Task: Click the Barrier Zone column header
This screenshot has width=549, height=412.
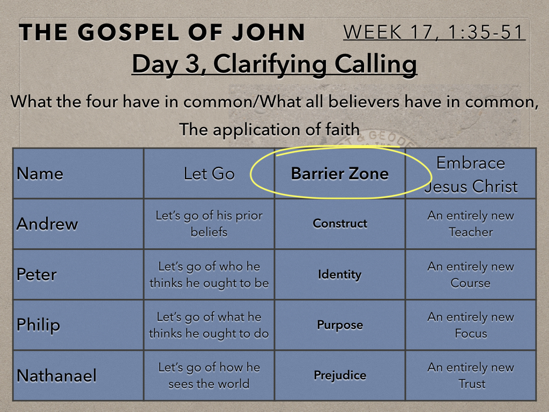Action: [339, 173]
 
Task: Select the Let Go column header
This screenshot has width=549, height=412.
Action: [209, 174]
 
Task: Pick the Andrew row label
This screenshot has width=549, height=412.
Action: [47, 224]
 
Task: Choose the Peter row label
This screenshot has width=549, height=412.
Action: [36, 274]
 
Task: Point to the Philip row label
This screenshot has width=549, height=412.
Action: [38, 325]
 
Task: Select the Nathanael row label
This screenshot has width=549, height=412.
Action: [56, 376]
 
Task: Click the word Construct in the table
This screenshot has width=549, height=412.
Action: [339, 224]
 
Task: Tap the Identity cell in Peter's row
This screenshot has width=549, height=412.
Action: [339, 274]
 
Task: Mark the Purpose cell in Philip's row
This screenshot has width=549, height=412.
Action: [339, 325]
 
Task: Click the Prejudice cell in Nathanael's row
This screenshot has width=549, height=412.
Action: [339, 376]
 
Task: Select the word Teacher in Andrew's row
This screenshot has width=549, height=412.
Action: [471, 232]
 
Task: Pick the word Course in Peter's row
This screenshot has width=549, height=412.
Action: [471, 283]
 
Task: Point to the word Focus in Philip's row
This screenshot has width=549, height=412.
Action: [471, 333]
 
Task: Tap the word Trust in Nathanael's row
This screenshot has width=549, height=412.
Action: [472, 384]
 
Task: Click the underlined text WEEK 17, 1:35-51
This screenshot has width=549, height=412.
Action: [433, 32]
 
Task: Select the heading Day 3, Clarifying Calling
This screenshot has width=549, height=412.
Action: [274, 64]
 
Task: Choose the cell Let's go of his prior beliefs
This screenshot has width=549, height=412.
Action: [209, 224]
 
